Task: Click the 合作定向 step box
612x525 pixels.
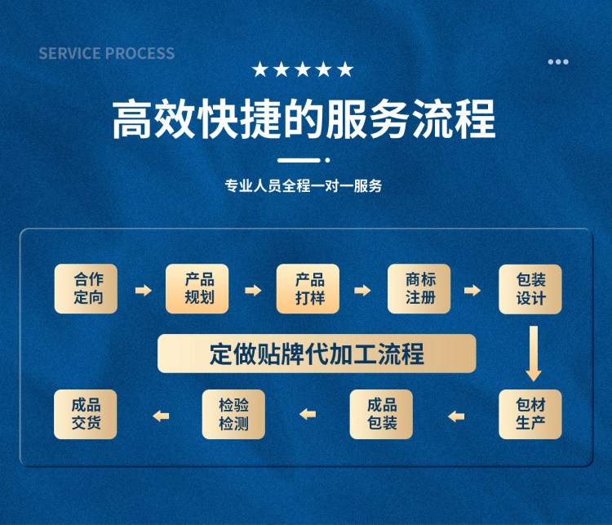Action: (x=86, y=289)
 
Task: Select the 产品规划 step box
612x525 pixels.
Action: (x=197, y=289)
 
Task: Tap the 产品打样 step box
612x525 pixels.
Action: (x=308, y=289)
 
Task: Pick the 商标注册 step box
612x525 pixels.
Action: (x=419, y=289)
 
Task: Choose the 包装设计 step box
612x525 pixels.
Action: (x=530, y=289)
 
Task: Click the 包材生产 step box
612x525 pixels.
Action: (x=530, y=414)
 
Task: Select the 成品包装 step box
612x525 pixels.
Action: (x=381, y=414)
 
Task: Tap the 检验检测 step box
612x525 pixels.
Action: (x=234, y=414)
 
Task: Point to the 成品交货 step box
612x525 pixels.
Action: (x=86, y=414)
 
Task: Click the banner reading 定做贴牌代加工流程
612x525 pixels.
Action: (x=317, y=354)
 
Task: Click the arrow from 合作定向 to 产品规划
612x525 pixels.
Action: (x=144, y=290)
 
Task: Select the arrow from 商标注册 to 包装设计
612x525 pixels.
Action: (x=472, y=290)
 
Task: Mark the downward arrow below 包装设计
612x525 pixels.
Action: (x=534, y=354)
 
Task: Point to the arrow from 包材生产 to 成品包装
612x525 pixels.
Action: (x=456, y=416)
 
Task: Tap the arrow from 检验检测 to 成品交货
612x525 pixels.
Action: (x=161, y=416)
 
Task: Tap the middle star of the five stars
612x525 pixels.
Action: (x=303, y=69)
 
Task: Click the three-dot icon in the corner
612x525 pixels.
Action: (x=558, y=62)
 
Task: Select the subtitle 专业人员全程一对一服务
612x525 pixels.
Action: (x=304, y=185)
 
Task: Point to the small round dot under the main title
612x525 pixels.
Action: (x=327, y=160)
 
